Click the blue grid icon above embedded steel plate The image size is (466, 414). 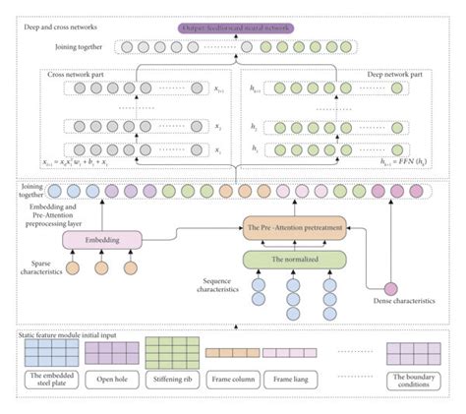(51, 352)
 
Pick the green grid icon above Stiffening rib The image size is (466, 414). (172, 351)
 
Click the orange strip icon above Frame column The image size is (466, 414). (232, 352)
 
